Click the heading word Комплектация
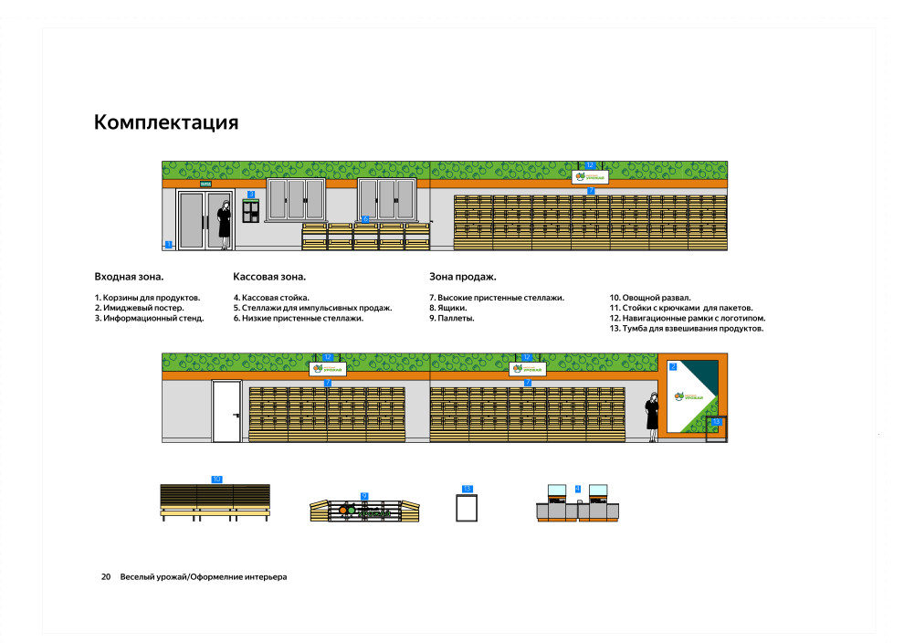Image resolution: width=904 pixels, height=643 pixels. coord(166,122)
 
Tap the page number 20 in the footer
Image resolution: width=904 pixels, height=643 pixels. coord(106,577)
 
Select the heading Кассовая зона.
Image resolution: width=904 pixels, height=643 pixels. coord(269,276)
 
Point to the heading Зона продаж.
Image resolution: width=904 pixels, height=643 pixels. coord(463,276)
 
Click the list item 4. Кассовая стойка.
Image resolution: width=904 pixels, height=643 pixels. coord(271,298)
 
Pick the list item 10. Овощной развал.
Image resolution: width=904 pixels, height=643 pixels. coord(650,298)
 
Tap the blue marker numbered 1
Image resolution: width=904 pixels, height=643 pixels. coord(169,244)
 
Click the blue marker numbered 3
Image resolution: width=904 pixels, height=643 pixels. coord(251,195)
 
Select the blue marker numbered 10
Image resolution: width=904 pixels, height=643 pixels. coord(216,479)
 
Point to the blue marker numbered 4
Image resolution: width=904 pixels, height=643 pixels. coord(577,489)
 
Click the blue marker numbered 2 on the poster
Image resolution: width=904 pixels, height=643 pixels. coord(673,366)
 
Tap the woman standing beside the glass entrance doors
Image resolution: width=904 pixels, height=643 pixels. coord(224,224)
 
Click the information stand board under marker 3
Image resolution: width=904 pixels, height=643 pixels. coord(251,211)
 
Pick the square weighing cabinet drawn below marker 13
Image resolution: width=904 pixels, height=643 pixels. coord(468,507)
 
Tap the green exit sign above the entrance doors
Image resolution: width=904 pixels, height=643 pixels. coord(193,184)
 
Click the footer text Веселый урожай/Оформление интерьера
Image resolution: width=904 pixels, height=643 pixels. coord(203,577)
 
